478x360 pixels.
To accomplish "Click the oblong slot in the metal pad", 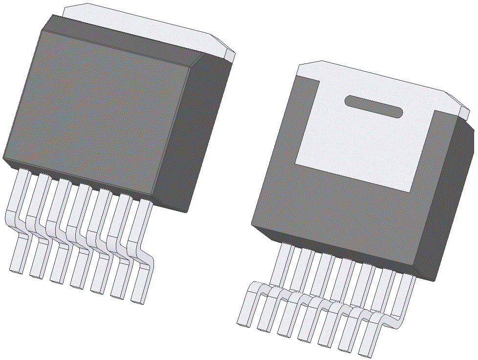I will coord(374,106).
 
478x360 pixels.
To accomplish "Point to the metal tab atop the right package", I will coord(381,78).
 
